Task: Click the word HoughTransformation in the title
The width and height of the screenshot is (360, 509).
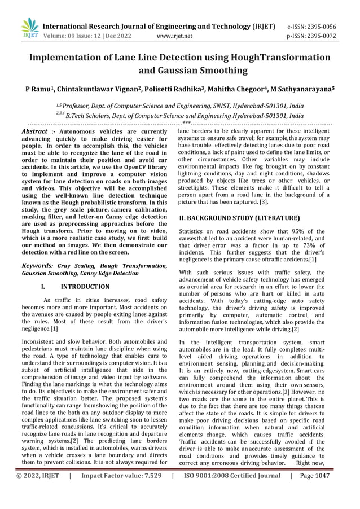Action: tap(282, 58)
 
